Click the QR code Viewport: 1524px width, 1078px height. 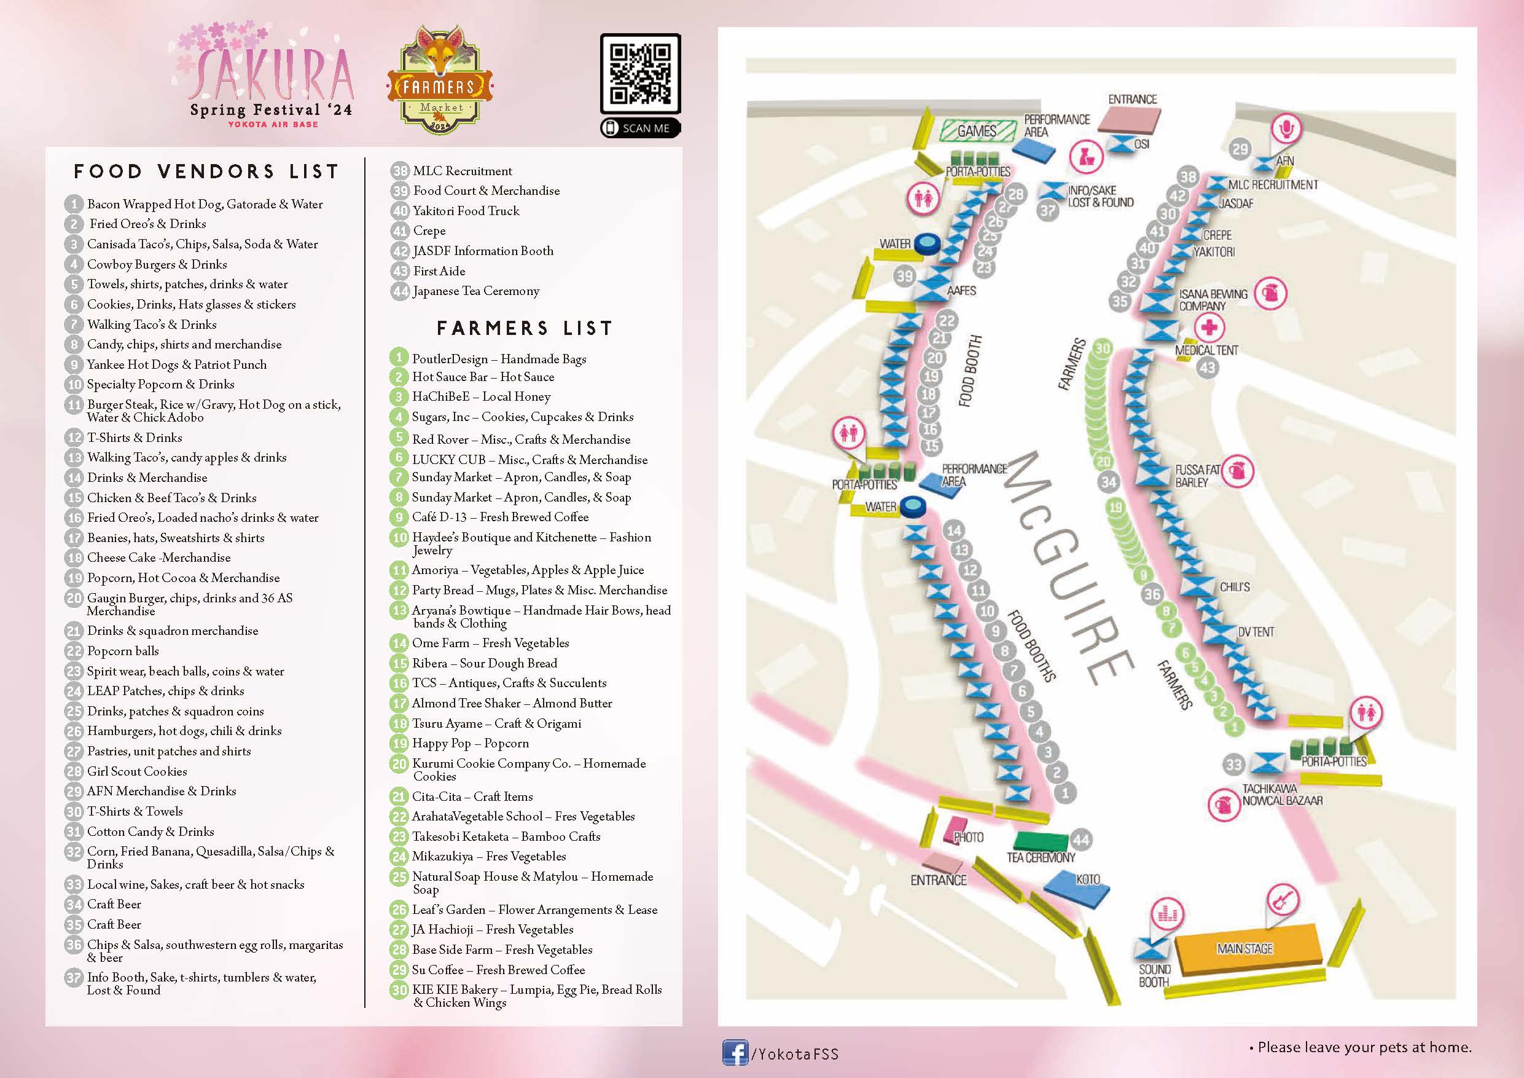(x=640, y=74)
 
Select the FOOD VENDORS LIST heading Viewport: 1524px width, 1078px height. (x=206, y=172)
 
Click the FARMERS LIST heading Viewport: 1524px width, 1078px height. (x=525, y=328)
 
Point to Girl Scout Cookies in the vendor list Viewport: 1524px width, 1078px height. (x=137, y=771)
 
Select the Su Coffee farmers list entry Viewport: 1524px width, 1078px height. (x=498, y=970)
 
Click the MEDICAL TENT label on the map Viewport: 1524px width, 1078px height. (x=1206, y=350)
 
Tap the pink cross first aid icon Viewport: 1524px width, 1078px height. (x=1209, y=327)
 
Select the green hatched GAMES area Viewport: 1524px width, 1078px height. (x=977, y=131)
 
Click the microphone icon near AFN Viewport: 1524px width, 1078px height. (x=1286, y=128)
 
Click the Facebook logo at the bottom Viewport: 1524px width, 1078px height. (x=735, y=1053)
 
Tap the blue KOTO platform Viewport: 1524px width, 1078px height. (x=1076, y=890)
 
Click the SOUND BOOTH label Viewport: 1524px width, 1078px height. (x=1154, y=976)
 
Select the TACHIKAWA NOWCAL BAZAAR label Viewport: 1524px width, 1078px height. (x=1282, y=795)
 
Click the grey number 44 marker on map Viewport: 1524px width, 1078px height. (x=1081, y=840)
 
